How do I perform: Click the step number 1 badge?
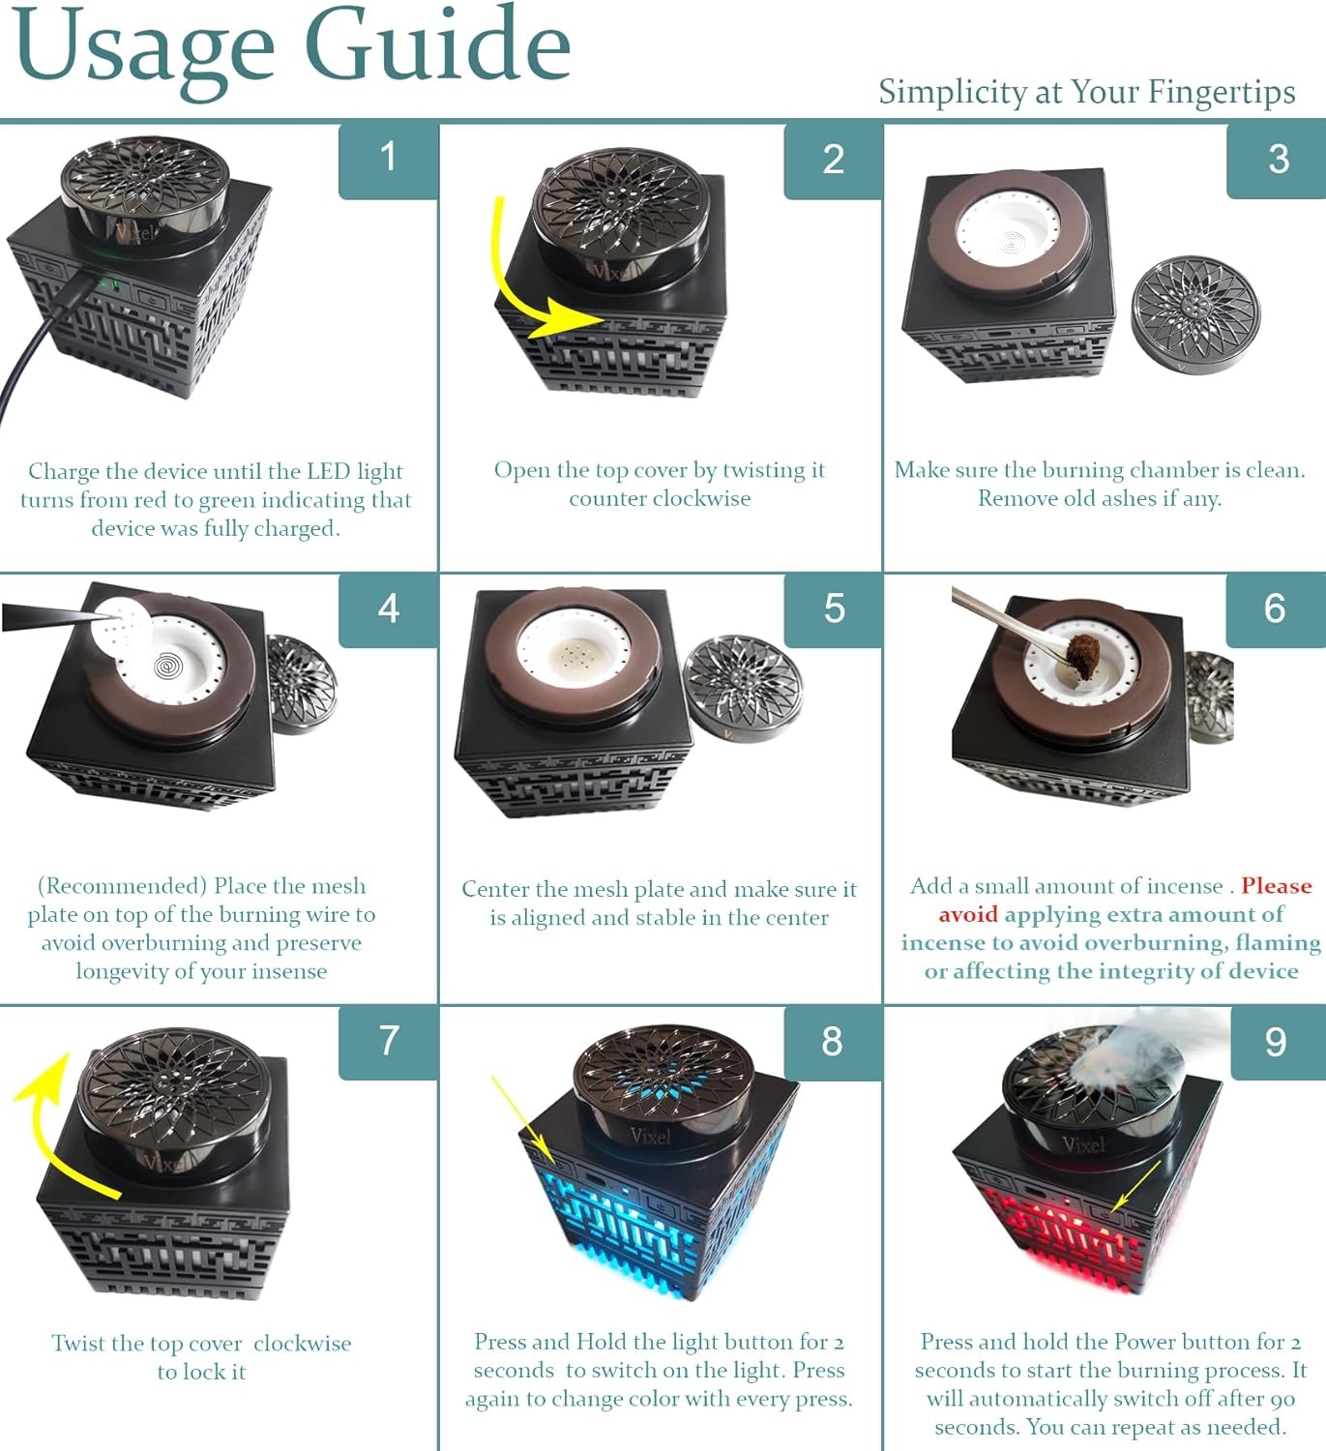pyautogui.click(x=389, y=160)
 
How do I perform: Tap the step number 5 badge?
pyautogui.click(x=834, y=609)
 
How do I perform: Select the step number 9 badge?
pyautogui.click(x=1278, y=1043)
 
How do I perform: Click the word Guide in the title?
pyautogui.click(x=438, y=47)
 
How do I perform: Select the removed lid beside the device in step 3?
pyautogui.click(x=1195, y=314)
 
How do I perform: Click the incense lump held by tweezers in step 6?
pyautogui.click(x=1082, y=654)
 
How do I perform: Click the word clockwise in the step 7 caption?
pyautogui.click(x=303, y=1344)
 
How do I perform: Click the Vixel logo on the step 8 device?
pyautogui.click(x=650, y=1136)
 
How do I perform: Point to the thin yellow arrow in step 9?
pyautogui.click(x=1135, y=1186)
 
